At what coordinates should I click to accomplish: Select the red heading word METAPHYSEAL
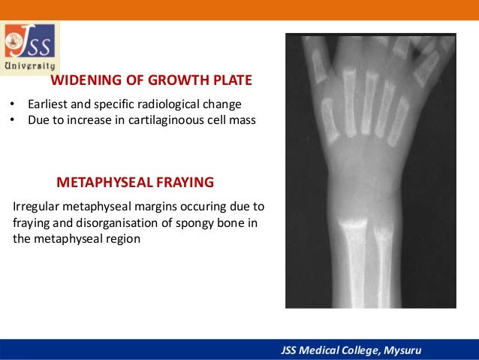click(105, 183)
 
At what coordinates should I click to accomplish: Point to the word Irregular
click(35, 206)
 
